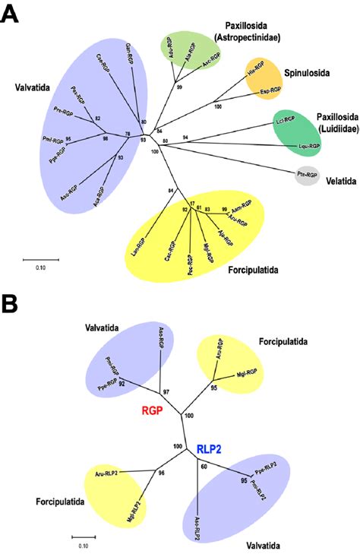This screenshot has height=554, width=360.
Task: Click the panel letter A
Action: coord(11,14)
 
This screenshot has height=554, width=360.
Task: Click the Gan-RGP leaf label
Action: coord(130,55)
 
